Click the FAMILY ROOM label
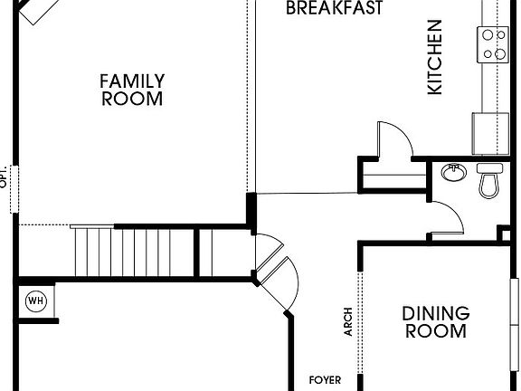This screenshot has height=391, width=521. tap(131, 91)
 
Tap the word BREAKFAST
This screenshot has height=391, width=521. tap(334, 9)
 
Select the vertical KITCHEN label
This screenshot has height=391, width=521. tap(435, 57)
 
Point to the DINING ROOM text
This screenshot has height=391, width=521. tap(436, 322)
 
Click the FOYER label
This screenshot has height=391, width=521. tap(325, 380)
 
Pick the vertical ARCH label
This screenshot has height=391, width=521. tap(348, 322)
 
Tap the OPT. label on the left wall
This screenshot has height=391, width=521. tap(5, 176)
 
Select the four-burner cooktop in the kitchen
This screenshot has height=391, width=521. tap(494, 43)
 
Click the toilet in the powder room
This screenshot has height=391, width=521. tap(489, 180)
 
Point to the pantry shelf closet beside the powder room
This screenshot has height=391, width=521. tap(391, 174)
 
